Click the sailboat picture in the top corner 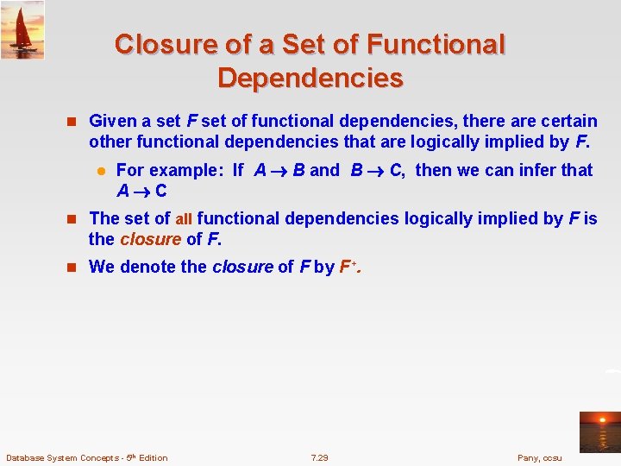[x=22, y=29]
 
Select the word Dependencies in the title [x=310, y=79]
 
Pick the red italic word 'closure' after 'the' [x=150, y=238]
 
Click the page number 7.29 [x=319, y=457]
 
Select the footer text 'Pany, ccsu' [x=539, y=457]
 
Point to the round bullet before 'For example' [x=100, y=171]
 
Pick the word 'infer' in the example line [x=538, y=170]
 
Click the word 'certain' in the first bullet [x=565, y=122]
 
